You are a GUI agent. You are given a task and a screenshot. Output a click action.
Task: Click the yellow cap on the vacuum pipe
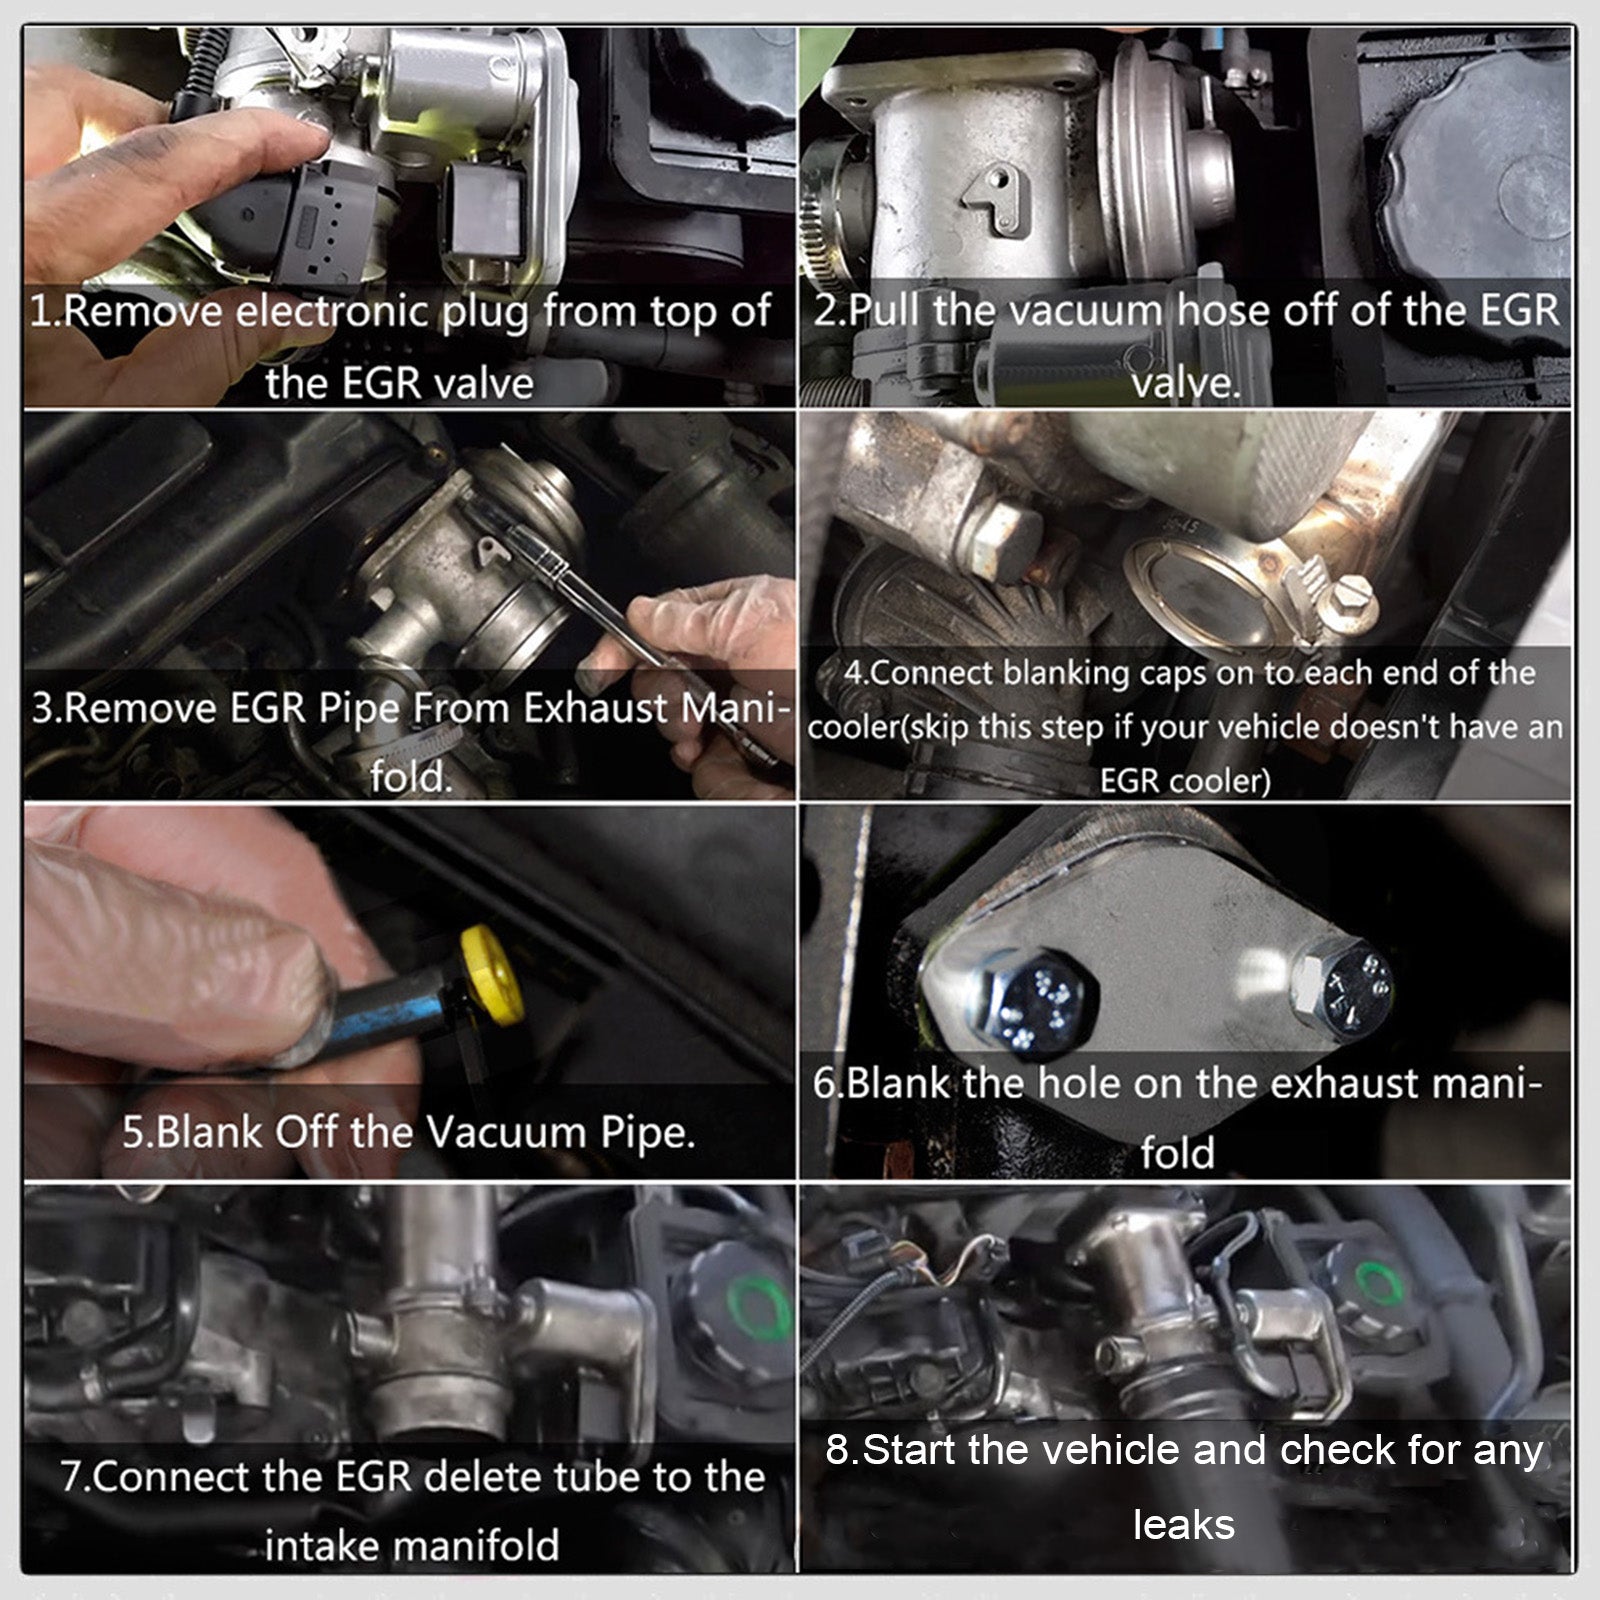tap(492, 976)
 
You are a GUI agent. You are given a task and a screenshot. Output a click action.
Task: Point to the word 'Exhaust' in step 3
tap(595, 708)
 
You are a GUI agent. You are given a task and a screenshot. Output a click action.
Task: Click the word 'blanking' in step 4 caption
tap(1064, 672)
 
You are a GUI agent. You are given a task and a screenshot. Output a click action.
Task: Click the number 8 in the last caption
tap(836, 1450)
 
